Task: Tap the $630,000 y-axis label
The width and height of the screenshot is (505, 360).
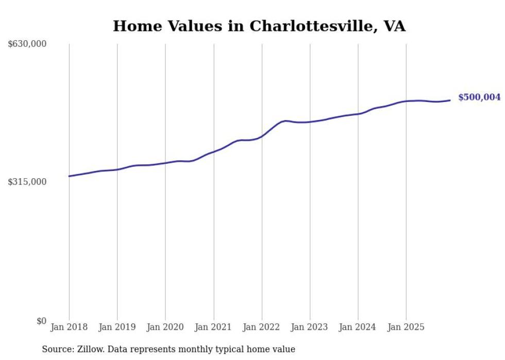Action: pyautogui.click(x=27, y=44)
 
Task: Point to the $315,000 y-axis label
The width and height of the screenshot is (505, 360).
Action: pyautogui.click(x=27, y=182)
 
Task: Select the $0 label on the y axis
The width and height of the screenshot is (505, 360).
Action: pyautogui.click(x=41, y=321)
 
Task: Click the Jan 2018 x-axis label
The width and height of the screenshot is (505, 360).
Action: pyautogui.click(x=69, y=328)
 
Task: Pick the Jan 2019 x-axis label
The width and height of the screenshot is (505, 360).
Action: pyautogui.click(x=117, y=328)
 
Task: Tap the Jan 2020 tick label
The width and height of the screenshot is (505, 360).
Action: pyautogui.click(x=165, y=328)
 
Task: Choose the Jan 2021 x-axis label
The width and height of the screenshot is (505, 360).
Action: pyautogui.click(x=213, y=328)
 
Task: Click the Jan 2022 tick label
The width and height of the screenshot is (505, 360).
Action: pyautogui.click(x=262, y=328)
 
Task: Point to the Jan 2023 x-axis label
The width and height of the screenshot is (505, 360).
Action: pyautogui.click(x=310, y=328)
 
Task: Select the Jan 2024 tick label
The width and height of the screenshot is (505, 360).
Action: pyautogui.click(x=358, y=328)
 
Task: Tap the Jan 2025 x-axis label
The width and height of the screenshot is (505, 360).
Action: pyautogui.click(x=406, y=328)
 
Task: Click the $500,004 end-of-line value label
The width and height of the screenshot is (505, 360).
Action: pyautogui.click(x=479, y=97)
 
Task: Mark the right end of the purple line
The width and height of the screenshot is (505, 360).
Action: pyautogui.click(x=450, y=100)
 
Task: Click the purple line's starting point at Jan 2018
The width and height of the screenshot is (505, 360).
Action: pyautogui.click(x=69, y=176)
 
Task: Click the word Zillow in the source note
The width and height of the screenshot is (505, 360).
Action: pyautogui.click(x=88, y=350)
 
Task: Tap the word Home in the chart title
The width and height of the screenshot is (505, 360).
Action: pyautogui.click(x=133, y=26)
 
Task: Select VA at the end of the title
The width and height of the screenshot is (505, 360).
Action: pyautogui.click(x=394, y=26)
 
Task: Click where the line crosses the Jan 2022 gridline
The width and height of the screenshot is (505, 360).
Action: pyautogui.click(x=262, y=136)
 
